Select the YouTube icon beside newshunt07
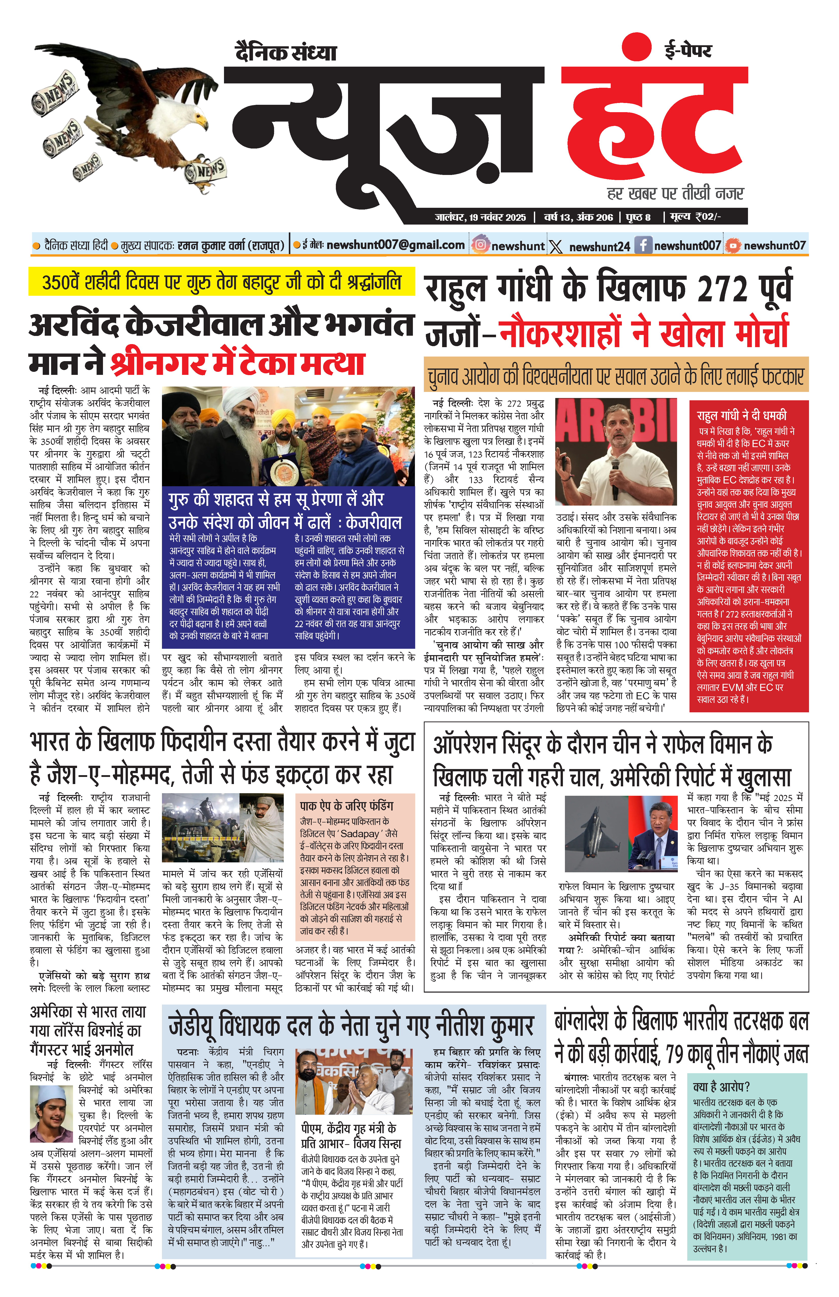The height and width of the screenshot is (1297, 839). click(733, 246)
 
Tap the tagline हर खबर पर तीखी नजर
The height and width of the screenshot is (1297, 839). click(676, 193)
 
